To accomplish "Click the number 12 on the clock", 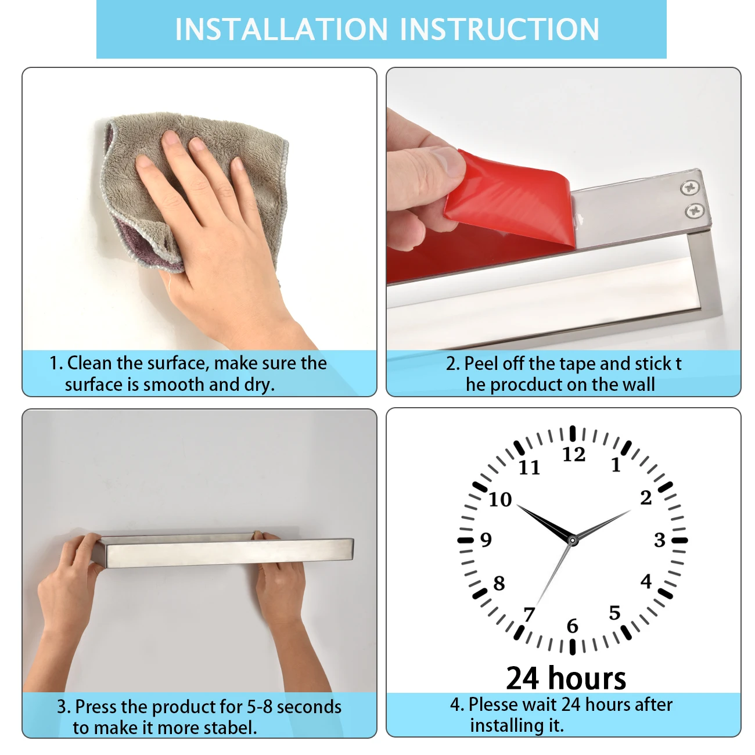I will (574, 454).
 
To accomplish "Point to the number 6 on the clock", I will (573, 625).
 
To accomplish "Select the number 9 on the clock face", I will (486, 540).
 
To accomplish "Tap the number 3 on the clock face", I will (660, 540).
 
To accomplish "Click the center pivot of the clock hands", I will (573, 541).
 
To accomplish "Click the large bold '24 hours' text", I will (566, 678).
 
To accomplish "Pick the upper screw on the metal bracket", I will (689, 188).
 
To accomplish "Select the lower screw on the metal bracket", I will (695, 211).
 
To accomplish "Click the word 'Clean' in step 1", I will (89, 363).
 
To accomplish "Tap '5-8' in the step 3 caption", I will (260, 706).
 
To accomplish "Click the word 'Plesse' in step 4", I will (493, 704).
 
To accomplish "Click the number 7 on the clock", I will (528, 613).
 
